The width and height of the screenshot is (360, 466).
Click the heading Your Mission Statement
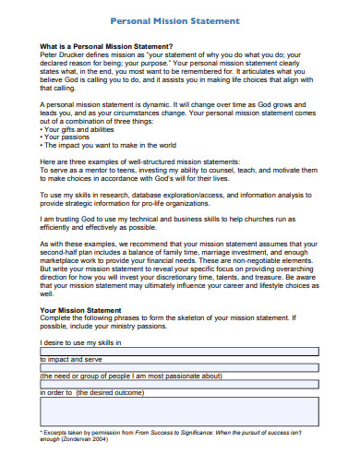click(x=81, y=311)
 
